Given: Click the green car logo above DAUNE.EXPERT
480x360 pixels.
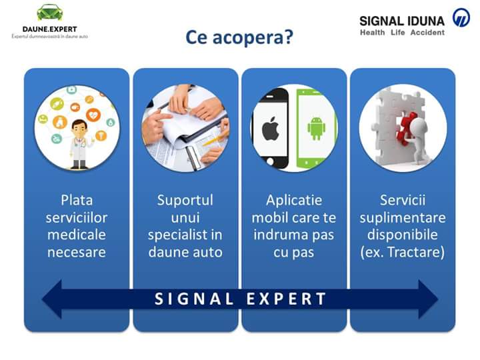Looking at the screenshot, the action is [x=49, y=13].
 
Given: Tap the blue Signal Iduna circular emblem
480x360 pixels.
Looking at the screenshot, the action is [x=461, y=17].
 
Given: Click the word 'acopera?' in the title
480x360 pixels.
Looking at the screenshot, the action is [x=253, y=37].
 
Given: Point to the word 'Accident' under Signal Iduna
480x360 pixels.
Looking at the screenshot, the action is [x=427, y=33].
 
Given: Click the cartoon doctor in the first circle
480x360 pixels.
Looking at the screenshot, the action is [x=80, y=144].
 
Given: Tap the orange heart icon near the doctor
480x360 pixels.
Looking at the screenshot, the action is [x=93, y=115].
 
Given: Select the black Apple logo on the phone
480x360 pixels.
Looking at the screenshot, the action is [x=270, y=128].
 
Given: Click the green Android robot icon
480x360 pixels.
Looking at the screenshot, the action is [x=316, y=128].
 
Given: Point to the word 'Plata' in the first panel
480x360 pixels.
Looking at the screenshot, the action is [x=77, y=201].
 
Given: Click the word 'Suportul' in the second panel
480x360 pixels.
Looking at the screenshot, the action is [x=185, y=201].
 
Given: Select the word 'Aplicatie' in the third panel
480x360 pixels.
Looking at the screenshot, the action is [x=294, y=201].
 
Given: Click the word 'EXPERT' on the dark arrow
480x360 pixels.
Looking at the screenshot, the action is [x=286, y=299].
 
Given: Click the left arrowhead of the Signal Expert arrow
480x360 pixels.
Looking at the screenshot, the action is [x=52, y=299].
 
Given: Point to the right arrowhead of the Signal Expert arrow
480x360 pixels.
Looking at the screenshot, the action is [x=428, y=299].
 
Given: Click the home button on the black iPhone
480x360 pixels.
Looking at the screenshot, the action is [x=270, y=161].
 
